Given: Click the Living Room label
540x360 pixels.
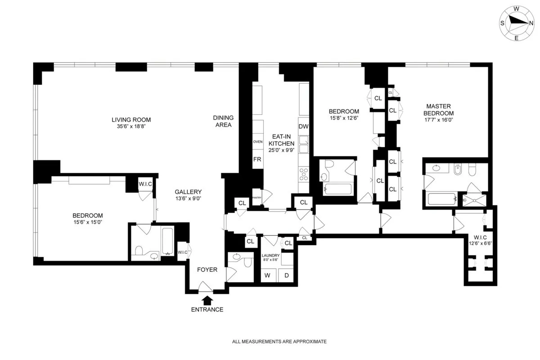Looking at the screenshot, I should coord(131,120).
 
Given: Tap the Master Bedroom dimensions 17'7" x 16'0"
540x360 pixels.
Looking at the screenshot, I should coord(440,120).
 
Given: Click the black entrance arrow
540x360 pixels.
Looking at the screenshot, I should coord(207,300).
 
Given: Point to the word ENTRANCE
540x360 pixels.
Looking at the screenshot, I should coord(207,310).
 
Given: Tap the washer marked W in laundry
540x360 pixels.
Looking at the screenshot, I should coord(267,275).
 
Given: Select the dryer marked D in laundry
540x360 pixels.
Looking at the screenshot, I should coord(286,275).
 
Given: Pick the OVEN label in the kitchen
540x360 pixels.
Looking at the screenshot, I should coord(257,142).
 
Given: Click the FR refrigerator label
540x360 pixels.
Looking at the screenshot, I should coord(257,159).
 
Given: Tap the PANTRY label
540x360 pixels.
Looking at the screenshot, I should coord(257,197).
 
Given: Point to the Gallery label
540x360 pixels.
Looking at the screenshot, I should coord(188,192).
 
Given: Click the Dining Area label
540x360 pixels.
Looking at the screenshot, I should coord(222,121).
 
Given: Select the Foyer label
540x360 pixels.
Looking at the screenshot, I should coord(207,270).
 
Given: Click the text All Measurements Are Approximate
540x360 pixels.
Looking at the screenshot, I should coord(279,342).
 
